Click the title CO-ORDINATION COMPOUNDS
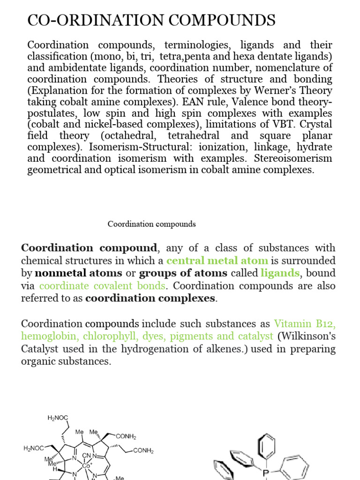pyautogui.click(x=151, y=20)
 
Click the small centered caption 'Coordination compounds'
pyautogui.click(x=151, y=224)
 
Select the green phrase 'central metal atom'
pyautogui.click(x=217, y=261)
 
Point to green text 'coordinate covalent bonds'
pyautogui.click(x=102, y=285)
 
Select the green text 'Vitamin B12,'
pyautogui.click(x=305, y=323)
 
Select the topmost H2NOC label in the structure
pyautogui.click(x=58, y=418)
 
